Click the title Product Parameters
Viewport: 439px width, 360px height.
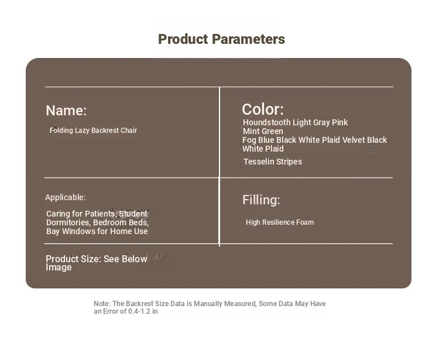point(221,39)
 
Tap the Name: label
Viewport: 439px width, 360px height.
point(66,110)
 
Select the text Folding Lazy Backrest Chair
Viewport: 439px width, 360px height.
point(93,131)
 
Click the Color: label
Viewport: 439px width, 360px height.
point(263,109)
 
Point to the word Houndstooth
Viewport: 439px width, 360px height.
point(266,122)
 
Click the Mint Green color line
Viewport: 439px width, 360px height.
point(263,131)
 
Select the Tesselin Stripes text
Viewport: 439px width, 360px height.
point(273,162)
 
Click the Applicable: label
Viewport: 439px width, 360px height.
point(66,198)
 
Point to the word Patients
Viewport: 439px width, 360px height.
point(101,214)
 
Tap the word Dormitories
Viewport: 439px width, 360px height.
point(68,222)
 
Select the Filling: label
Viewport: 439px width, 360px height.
point(261,200)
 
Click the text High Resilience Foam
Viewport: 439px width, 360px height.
point(280,222)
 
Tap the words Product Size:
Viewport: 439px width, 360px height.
point(74,259)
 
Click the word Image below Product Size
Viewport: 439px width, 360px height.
point(59,268)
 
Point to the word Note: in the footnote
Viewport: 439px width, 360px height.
point(102,304)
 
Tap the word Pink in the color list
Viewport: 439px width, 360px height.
point(339,122)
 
